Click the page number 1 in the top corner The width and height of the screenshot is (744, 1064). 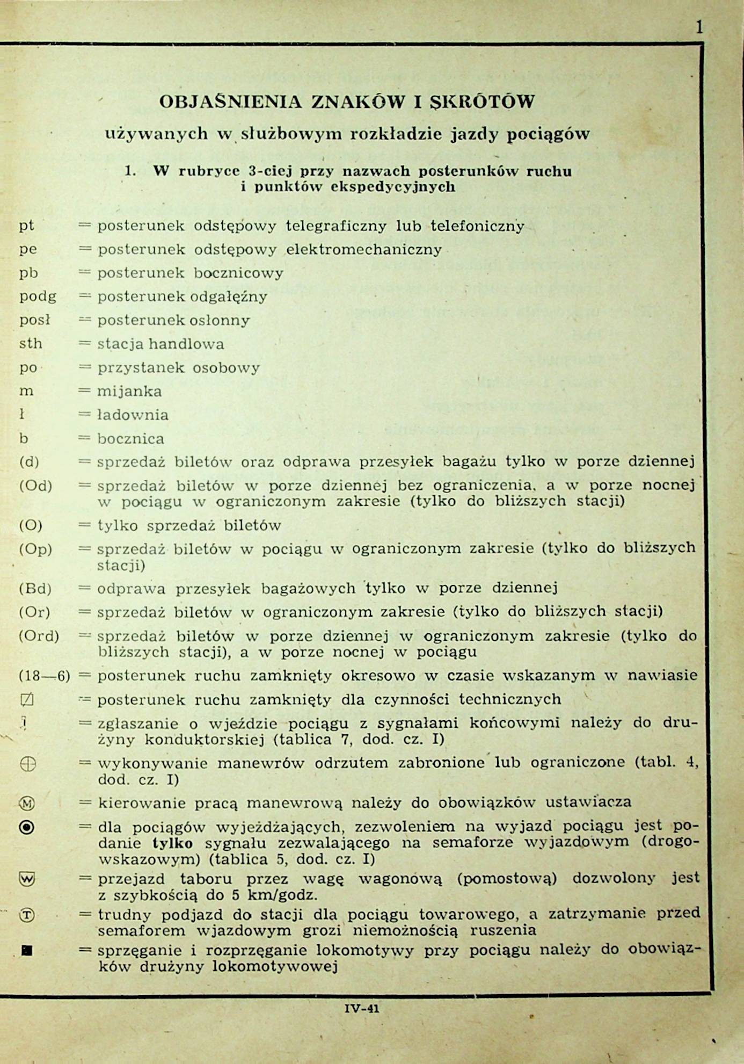[x=699, y=27]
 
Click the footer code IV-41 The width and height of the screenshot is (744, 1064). [x=362, y=1008]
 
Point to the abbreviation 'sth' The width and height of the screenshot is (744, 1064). [x=31, y=344]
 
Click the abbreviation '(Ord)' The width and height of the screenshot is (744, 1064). [x=39, y=636]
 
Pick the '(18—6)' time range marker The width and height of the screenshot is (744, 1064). [x=44, y=676]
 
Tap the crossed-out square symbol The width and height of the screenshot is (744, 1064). [x=27, y=699]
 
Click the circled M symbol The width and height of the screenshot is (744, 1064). [x=27, y=804]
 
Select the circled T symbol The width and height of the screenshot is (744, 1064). [x=27, y=915]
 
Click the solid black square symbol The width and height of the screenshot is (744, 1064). [x=27, y=950]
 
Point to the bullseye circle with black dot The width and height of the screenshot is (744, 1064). [x=27, y=828]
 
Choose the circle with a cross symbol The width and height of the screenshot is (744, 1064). [x=27, y=764]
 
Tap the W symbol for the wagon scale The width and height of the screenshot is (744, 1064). [x=27, y=879]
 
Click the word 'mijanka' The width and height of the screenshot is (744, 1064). [x=129, y=391]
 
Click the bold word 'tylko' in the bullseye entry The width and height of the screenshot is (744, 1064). [x=172, y=843]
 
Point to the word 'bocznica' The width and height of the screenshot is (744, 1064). [x=130, y=439]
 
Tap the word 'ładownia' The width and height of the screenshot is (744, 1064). [x=133, y=415]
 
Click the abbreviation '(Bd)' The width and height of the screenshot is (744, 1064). [x=35, y=589]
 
